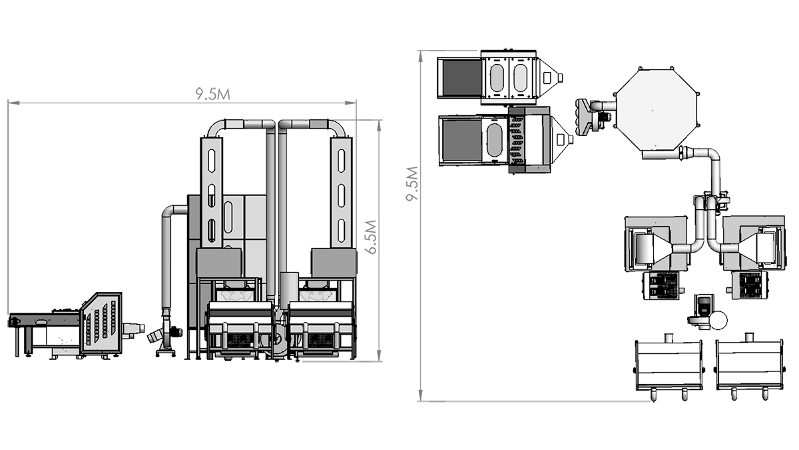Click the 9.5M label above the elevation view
pos(212,94)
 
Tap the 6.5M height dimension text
pos(372,237)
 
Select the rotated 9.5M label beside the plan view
pos(412,183)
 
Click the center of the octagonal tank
pos(657,109)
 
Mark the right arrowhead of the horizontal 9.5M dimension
pos(351,103)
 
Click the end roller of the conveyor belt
pos(13,321)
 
